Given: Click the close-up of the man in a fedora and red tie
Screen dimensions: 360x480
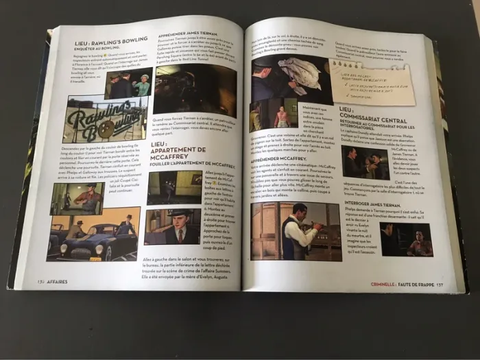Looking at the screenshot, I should click(174, 227).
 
